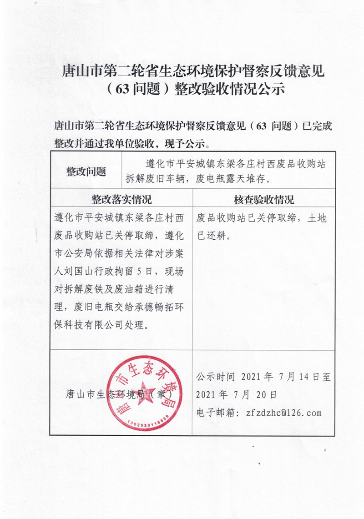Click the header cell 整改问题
[x=86, y=171]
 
